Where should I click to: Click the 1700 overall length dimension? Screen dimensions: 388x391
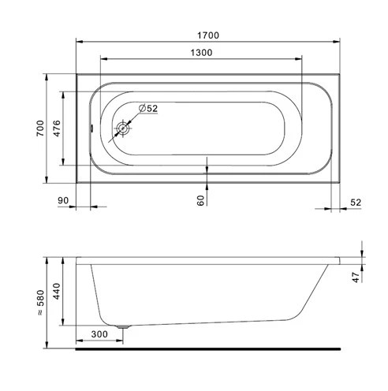click(x=208, y=35)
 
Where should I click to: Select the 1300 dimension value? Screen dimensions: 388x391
click(x=201, y=53)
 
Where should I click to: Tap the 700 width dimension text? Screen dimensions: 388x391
click(x=40, y=128)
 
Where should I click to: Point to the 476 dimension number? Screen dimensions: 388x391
click(x=57, y=128)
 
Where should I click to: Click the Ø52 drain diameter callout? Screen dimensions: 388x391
click(x=148, y=108)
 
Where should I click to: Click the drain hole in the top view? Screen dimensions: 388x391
click(x=123, y=128)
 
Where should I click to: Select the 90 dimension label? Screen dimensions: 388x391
click(x=63, y=200)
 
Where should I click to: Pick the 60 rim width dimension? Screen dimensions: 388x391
click(x=200, y=200)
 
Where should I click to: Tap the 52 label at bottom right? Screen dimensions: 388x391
click(x=356, y=203)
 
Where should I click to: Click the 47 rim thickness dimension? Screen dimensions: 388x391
click(x=356, y=277)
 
